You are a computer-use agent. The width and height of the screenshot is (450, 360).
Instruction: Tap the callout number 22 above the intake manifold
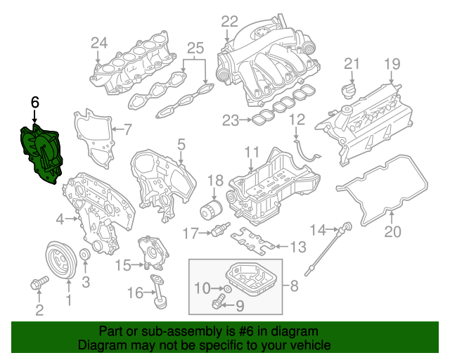(x=229, y=21)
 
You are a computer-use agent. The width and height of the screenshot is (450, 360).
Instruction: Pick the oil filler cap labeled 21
(x=348, y=92)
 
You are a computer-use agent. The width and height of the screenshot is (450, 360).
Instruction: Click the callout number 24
(x=98, y=43)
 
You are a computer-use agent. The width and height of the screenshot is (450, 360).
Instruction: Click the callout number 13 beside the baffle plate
(x=299, y=247)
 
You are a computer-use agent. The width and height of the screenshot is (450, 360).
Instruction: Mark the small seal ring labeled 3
(x=84, y=255)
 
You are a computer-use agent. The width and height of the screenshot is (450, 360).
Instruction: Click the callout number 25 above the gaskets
(x=195, y=49)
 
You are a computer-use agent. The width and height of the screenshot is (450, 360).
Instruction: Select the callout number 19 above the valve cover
(x=390, y=64)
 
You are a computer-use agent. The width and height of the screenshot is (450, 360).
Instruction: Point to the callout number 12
(x=297, y=120)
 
